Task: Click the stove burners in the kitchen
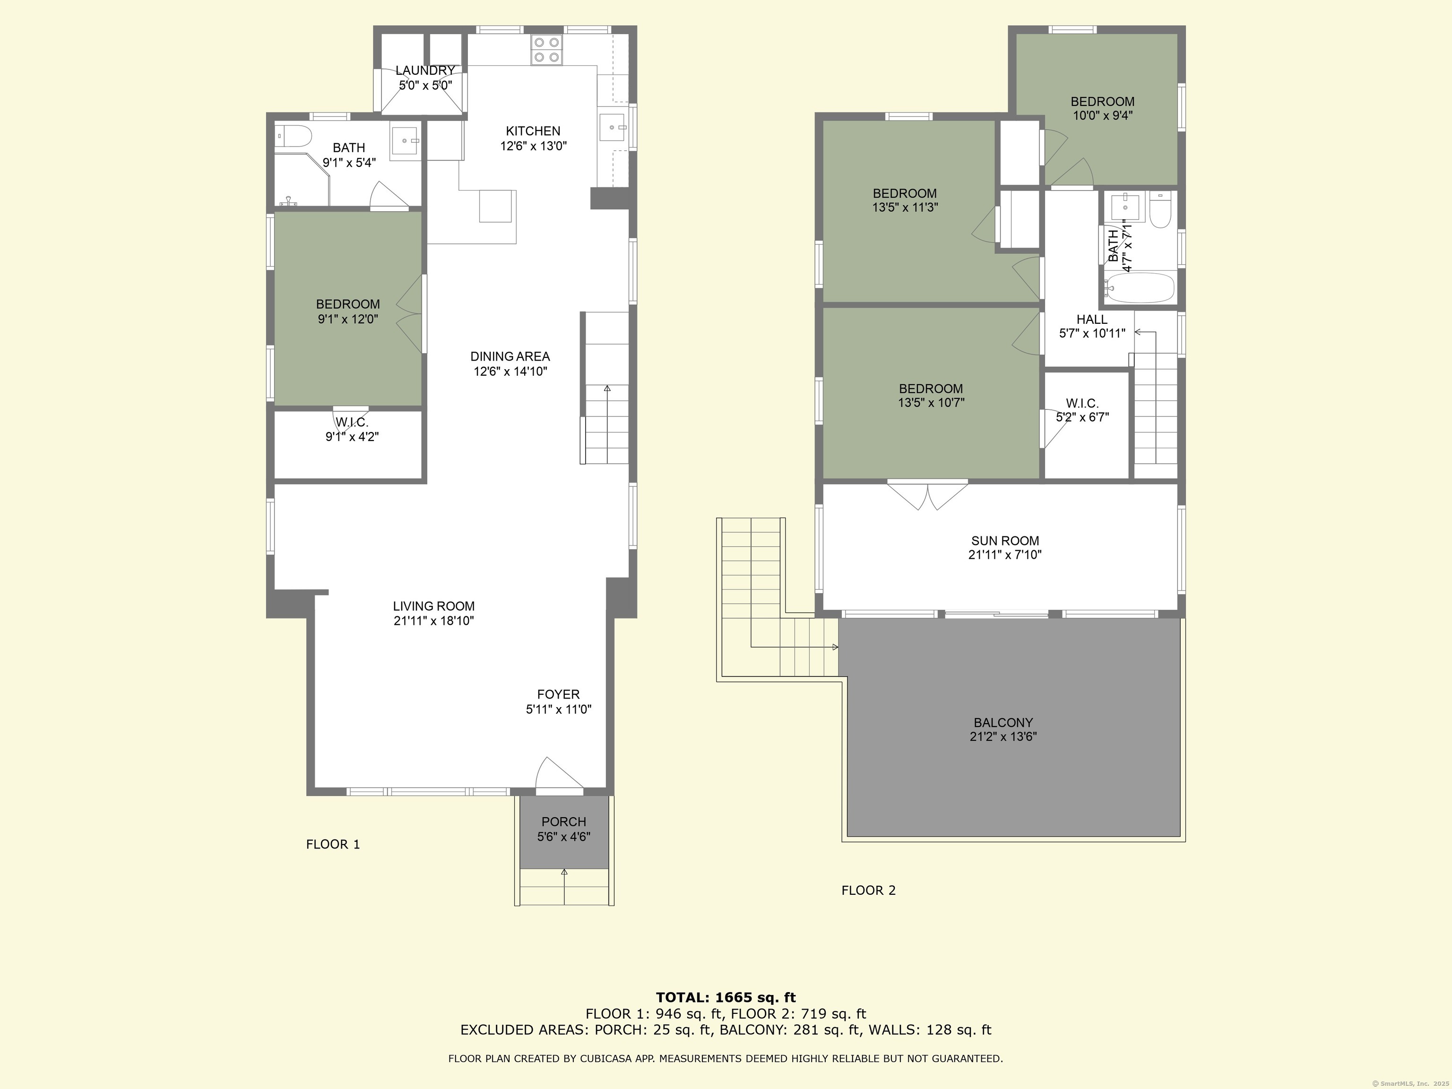(x=547, y=49)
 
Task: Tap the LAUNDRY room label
(x=425, y=71)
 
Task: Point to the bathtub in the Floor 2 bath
(x=1139, y=287)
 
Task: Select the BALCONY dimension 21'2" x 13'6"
(x=1003, y=736)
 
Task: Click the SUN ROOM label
(x=1004, y=541)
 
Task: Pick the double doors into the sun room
(x=927, y=495)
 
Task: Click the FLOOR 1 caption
(x=333, y=844)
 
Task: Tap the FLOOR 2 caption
(x=868, y=890)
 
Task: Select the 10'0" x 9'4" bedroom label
(x=1102, y=115)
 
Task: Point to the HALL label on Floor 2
(x=1092, y=320)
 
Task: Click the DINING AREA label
(x=510, y=356)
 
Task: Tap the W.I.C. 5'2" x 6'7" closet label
(x=1082, y=410)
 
